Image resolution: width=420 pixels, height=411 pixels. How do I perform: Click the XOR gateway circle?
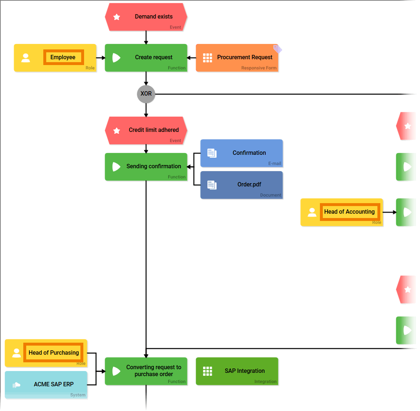click(x=146, y=94)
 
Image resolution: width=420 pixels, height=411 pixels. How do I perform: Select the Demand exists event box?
click(x=146, y=17)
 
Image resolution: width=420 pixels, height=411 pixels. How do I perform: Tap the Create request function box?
click(x=146, y=58)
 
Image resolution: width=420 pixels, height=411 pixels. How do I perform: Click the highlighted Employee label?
click(x=63, y=57)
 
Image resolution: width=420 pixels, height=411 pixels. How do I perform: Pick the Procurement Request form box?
click(x=237, y=58)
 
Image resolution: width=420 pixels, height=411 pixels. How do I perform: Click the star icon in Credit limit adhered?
click(x=117, y=130)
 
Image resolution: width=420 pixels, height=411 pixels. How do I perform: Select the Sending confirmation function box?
click(x=146, y=167)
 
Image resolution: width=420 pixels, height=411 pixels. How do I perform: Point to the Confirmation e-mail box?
click(x=241, y=153)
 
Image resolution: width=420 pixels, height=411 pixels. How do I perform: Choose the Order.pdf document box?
click(x=241, y=185)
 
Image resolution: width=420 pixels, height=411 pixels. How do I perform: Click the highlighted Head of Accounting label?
click(x=349, y=212)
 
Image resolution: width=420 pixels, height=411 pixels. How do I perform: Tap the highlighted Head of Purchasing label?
click(x=54, y=352)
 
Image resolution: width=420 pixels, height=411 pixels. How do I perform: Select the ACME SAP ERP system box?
click(x=46, y=385)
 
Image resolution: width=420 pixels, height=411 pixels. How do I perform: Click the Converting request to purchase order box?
click(x=146, y=371)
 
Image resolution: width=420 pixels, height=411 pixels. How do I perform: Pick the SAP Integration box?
click(x=237, y=371)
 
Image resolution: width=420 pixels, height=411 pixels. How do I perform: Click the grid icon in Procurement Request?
click(x=207, y=58)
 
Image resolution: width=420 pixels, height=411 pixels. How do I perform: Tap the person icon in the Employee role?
click(x=25, y=58)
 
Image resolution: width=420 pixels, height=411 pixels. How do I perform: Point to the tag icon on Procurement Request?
click(x=278, y=49)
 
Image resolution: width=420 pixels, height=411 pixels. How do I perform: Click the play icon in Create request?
click(x=116, y=58)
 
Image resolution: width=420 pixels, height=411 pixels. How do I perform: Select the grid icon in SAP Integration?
click(x=207, y=371)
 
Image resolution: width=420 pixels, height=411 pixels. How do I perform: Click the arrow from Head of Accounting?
click(x=389, y=212)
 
